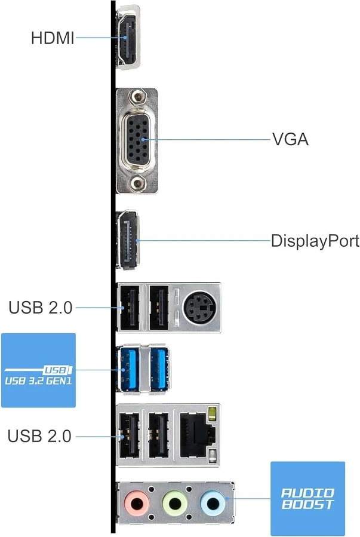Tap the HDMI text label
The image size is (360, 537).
pos(53,39)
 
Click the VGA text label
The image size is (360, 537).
pos(290,140)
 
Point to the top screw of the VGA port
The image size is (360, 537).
pos(139,96)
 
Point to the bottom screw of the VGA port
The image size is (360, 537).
pos(139,184)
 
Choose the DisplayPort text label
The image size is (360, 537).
pos(315,241)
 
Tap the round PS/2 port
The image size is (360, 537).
pos(196,308)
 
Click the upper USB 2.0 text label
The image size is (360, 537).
pos(40,308)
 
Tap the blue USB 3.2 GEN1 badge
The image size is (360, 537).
pos(38,370)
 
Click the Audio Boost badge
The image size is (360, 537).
pos(307,498)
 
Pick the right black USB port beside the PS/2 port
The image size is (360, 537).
pos(158,307)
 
